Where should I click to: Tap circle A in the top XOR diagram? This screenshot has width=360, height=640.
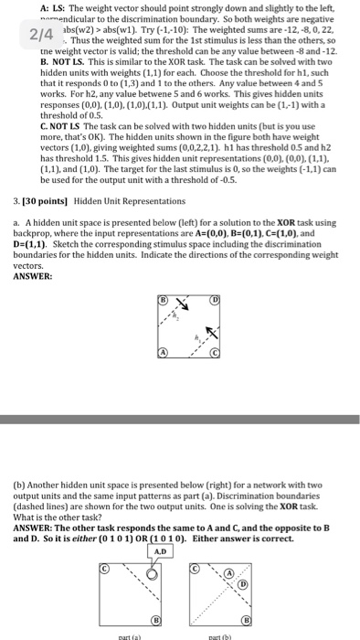(x=164, y=353)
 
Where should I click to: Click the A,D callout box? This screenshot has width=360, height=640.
(x=161, y=551)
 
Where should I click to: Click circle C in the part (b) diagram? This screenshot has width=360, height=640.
(x=194, y=569)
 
